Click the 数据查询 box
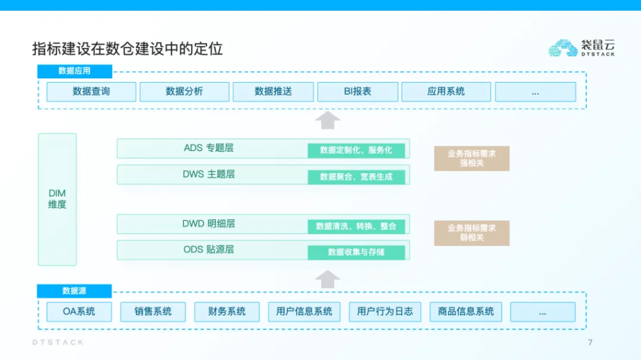click(x=91, y=91)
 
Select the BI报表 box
click(x=357, y=91)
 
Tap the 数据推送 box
click(x=273, y=91)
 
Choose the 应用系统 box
click(x=446, y=91)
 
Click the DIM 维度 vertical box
click(x=57, y=199)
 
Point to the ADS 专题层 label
click(x=208, y=148)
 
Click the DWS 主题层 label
click(x=208, y=174)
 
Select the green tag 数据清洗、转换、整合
click(x=356, y=226)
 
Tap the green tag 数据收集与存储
click(x=356, y=252)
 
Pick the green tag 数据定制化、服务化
click(x=356, y=150)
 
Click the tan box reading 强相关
click(x=471, y=158)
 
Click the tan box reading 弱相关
click(x=471, y=233)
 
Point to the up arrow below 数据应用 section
click(x=327, y=120)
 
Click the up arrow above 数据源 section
click(x=327, y=279)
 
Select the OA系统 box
click(x=79, y=311)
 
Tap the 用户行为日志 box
click(x=384, y=311)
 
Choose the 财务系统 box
click(x=227, y=311)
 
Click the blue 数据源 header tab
click(x=74, y=291)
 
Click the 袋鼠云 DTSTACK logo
click(x=581, y=48)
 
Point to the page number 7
click(x=590, y=342)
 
